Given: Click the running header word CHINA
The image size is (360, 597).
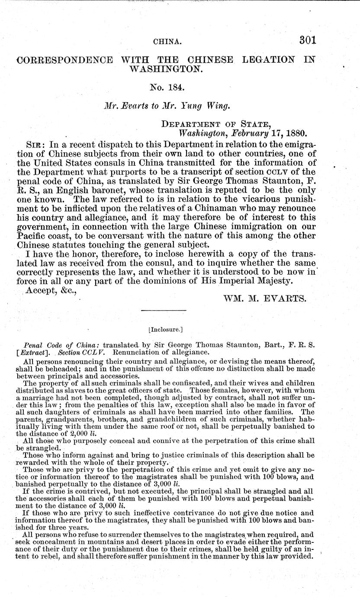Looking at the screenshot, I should click(x=167, y=42).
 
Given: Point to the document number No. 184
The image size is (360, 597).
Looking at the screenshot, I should click(x=167, y=88).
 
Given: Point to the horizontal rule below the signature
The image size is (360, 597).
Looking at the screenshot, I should click(x=164, y=310).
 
